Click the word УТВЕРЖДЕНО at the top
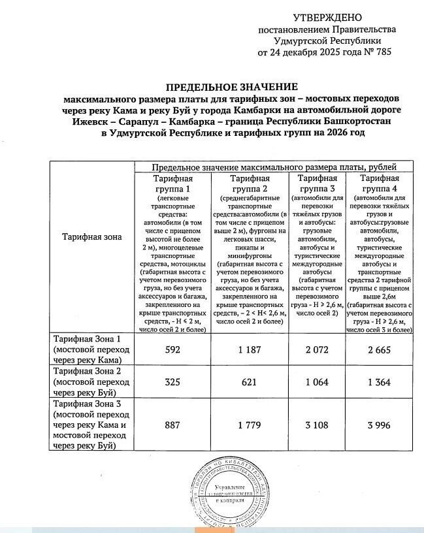point(327,16)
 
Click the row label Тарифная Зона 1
point(87,340)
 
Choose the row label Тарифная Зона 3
point(87,404)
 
